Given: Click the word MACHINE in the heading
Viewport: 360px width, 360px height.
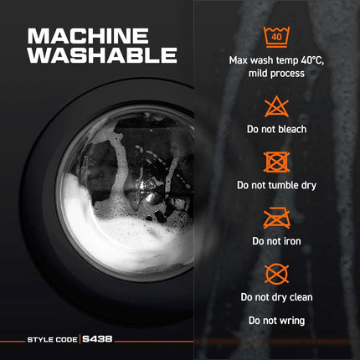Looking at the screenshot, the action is [88, 36].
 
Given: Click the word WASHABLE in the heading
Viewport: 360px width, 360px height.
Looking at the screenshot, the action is [102, 55].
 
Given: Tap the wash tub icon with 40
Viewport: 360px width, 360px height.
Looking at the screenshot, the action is [276, 37].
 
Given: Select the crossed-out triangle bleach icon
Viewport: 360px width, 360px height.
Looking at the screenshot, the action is [276, 106].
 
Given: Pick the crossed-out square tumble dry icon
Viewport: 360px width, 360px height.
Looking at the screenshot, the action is [276, 162].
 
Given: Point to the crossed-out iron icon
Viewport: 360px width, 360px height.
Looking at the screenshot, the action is [276, 218].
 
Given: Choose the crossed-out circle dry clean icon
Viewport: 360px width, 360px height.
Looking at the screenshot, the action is [276, 274].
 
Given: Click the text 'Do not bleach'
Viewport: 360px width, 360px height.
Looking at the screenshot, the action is [276, 129].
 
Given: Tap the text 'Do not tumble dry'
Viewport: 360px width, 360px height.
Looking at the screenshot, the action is [276, 186].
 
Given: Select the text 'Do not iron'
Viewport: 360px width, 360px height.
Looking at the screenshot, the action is [276, 241].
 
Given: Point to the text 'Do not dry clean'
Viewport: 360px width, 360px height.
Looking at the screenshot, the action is [276, 297].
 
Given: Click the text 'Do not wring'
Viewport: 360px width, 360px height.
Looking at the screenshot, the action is [276, 321].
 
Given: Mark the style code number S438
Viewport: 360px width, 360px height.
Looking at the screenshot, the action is [97, 339].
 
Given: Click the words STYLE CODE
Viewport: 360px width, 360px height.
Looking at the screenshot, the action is [52, 340].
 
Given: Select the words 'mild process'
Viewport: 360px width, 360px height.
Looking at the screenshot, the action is [276, 74].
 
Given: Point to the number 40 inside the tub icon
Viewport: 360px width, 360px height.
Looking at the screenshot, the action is [276, 37].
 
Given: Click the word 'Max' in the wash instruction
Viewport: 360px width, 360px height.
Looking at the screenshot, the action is [238, 60].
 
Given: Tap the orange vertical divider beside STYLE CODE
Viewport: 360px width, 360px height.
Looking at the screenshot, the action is [80, 339].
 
